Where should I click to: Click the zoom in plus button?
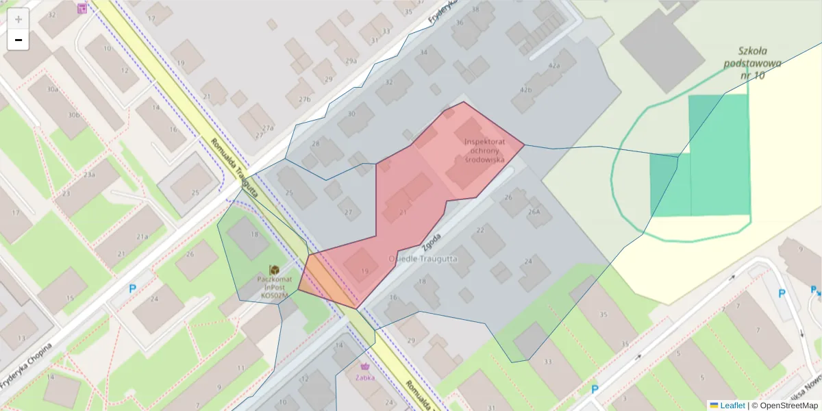(x=18, y=19)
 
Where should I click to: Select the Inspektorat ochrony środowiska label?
(x=484, y=151)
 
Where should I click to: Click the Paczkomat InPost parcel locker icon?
(x=274, y=271)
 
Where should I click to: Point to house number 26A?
(x=534, y=212)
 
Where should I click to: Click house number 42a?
(x=553, y=66)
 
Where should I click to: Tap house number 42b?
(x=526, y=90)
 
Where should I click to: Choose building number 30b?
(x=74, y=114)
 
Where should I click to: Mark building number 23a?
(x=89, y=175)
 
